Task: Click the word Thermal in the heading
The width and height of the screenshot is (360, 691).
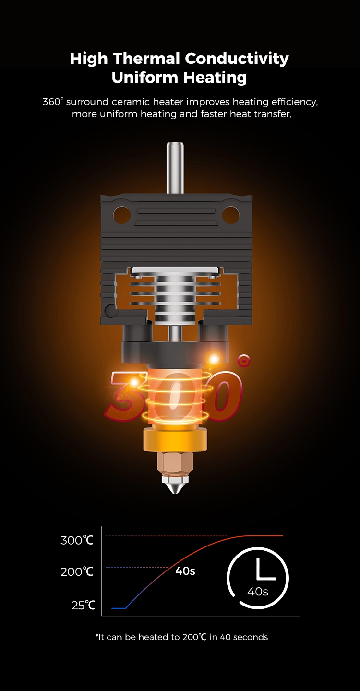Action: click(x=147, y=59)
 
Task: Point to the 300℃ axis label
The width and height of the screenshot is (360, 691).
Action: click(x=77, y=540)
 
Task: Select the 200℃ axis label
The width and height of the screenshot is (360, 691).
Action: click(x=77, y=572)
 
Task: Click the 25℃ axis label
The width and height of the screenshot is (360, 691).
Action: click(x=83, y=605)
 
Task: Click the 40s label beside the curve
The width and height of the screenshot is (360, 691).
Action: click(x=185, y=571)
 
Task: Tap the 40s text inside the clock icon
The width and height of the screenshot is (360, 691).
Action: click(x=258, y=592)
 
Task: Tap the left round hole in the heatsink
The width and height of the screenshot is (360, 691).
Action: click(x=122, y=215)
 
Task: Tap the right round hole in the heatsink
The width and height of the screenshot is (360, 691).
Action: click(x=230, y=215)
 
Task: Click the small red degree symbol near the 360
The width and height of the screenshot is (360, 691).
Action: click(x=244, y=360)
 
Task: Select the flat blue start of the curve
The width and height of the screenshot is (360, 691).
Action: click(x=118, y=608)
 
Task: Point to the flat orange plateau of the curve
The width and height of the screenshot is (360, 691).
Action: click(x=264, y=535)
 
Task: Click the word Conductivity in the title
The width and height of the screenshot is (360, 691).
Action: click(x=237, y=59)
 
